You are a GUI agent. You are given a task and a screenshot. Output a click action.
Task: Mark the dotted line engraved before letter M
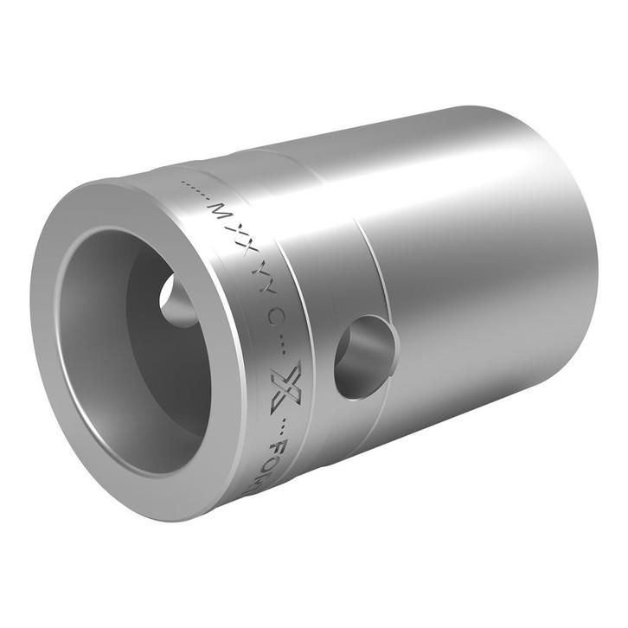tap(195, 191)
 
